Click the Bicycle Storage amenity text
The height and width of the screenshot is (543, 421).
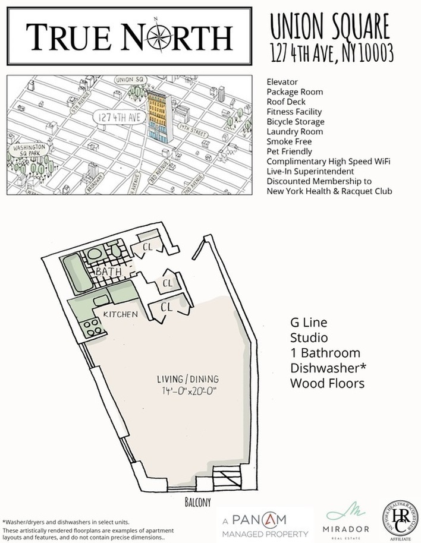[296, 122]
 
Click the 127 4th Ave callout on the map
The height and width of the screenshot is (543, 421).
[118, 117]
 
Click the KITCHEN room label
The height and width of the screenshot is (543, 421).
[121, 313]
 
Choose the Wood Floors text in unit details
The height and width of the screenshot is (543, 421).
[326, 384]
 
